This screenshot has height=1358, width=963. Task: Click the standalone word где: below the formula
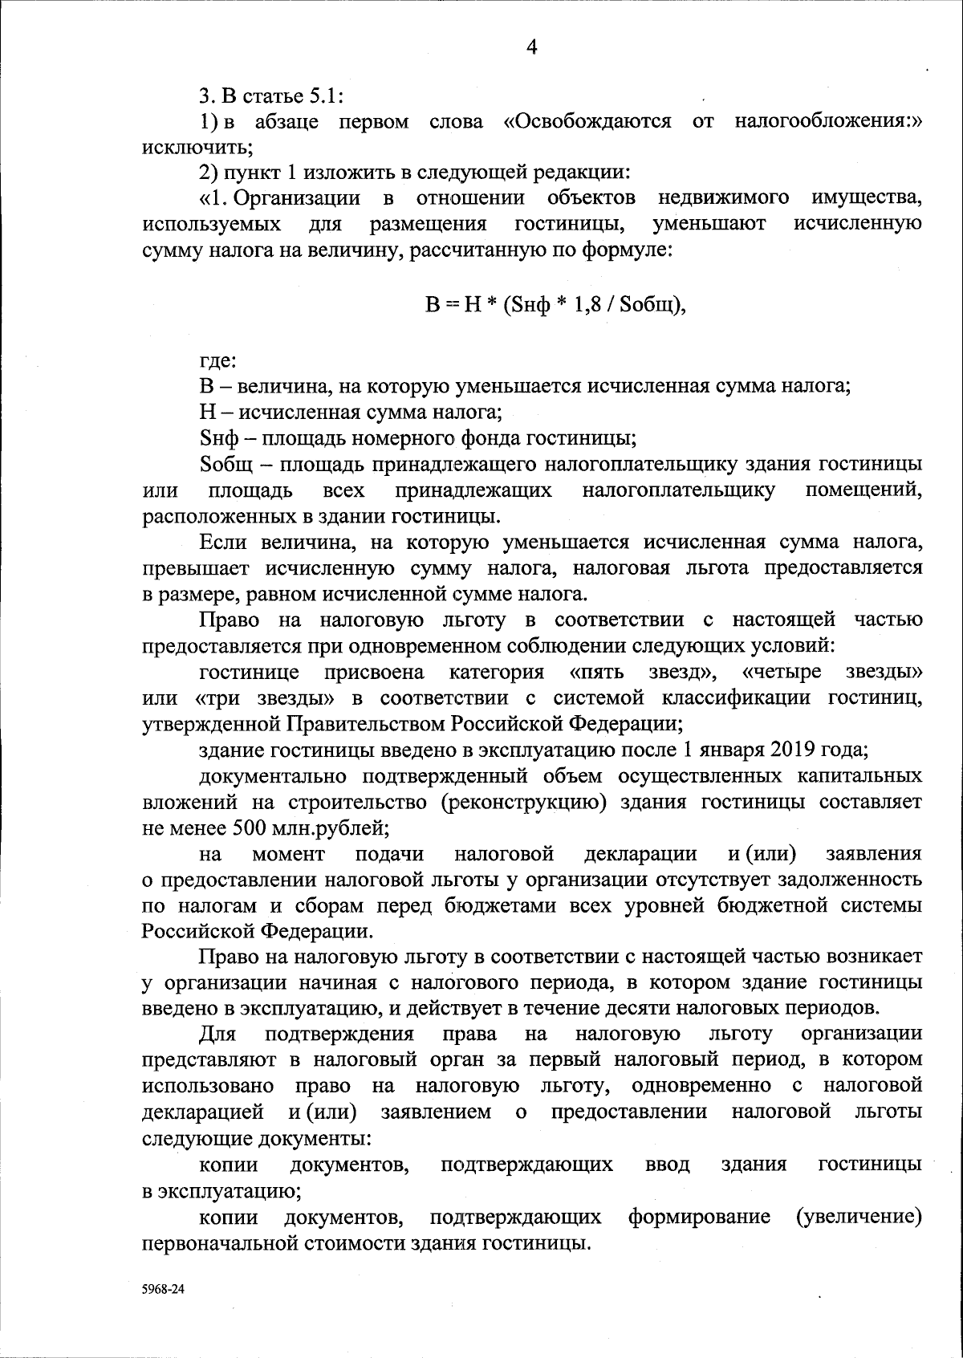(x=217, y=360)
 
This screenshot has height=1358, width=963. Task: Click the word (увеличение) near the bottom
(x=858, y=1239)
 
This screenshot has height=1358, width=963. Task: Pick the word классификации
(x=766, y=698)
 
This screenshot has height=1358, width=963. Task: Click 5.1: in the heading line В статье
(x=326, y=96)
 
